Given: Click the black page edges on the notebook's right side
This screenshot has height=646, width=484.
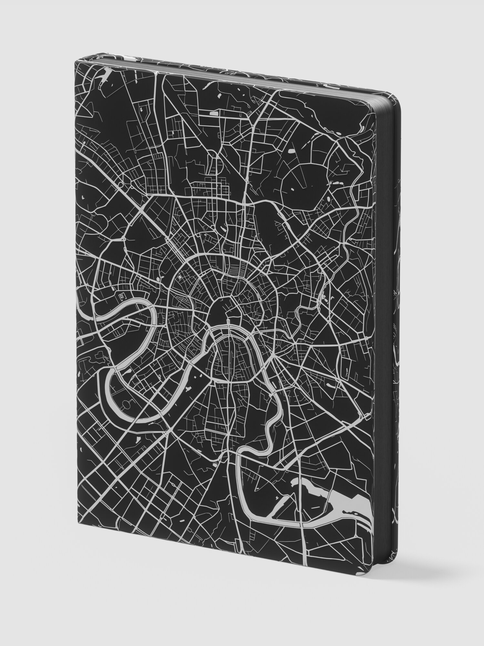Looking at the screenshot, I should click(x=396, y=323).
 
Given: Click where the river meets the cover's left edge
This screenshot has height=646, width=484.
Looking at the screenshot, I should click(x=79, y=315).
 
